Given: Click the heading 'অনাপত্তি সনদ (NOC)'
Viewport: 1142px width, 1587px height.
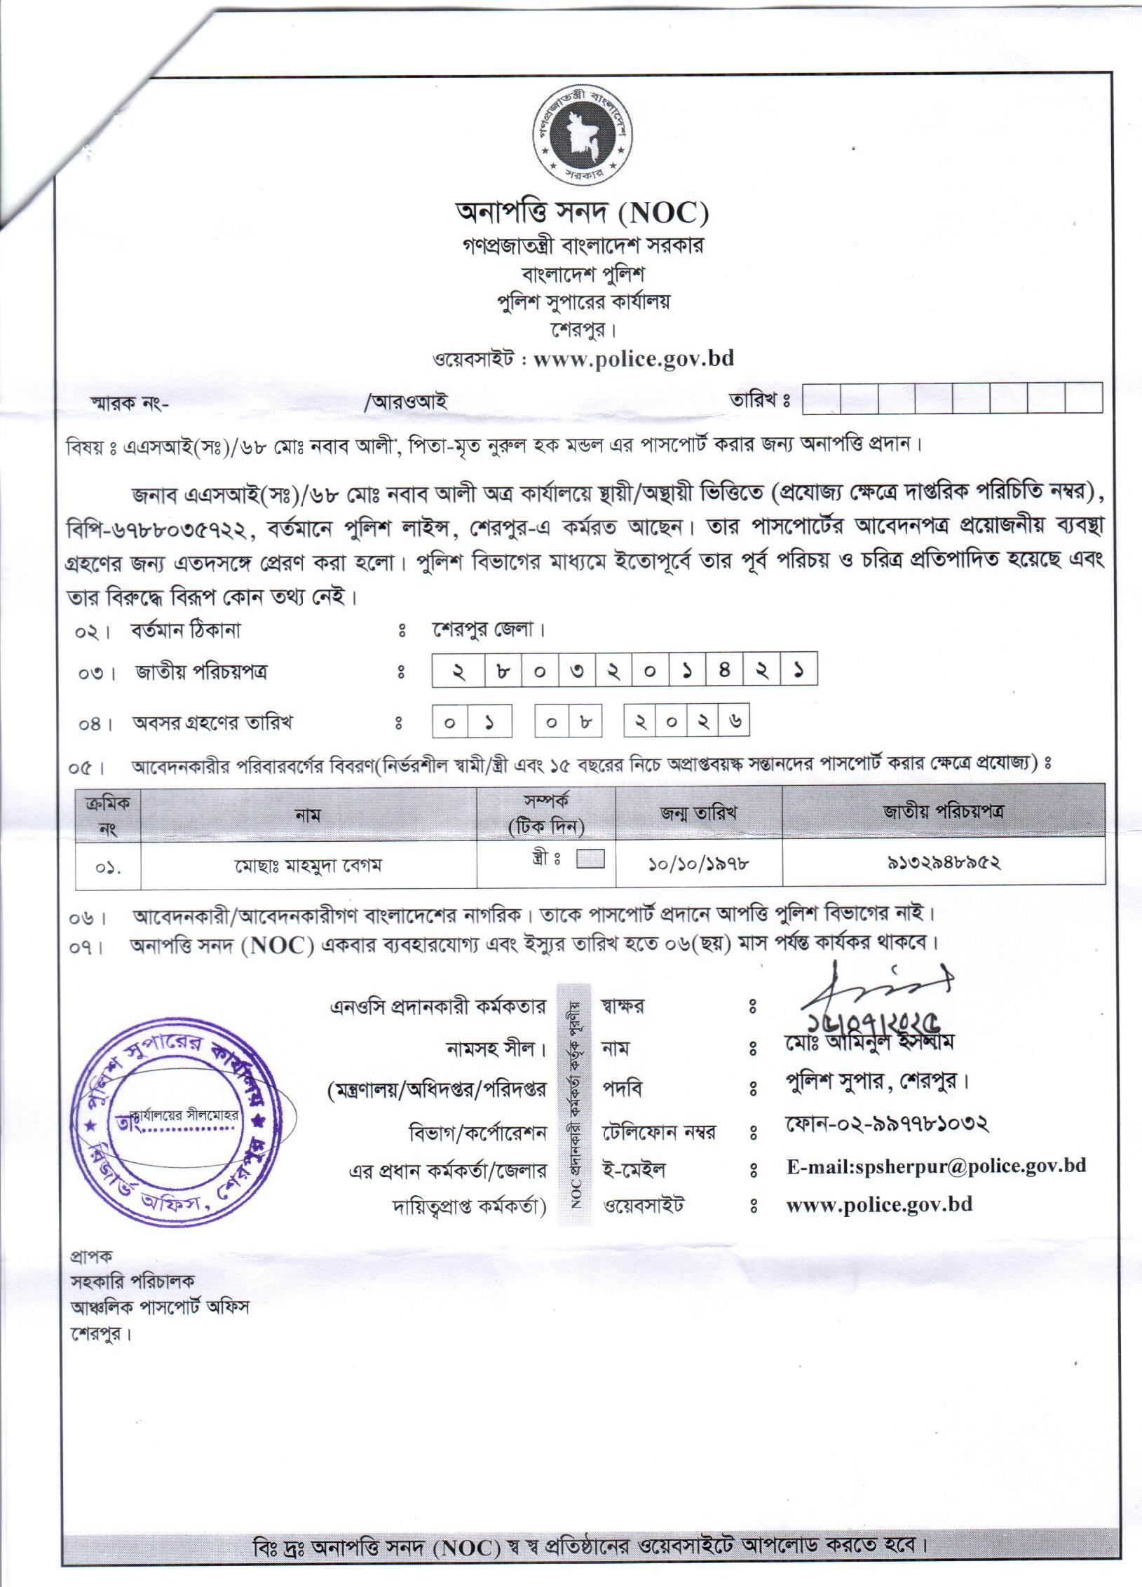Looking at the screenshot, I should pos(581,213).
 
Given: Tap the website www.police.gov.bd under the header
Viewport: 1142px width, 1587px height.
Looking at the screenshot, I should pos(633,359).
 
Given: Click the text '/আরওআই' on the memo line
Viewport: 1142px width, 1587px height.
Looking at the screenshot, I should pos(406,403).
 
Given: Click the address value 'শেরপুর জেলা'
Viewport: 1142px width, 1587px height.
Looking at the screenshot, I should pos(489,629).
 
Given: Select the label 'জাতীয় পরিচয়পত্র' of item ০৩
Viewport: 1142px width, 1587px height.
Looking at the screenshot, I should pos(202,673).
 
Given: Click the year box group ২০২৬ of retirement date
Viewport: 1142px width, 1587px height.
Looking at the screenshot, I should pos(686,722).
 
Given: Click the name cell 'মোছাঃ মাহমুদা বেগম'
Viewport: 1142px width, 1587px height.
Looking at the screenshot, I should pos(308,866).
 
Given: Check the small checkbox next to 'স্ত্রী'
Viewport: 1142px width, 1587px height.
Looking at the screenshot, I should pos(590,859).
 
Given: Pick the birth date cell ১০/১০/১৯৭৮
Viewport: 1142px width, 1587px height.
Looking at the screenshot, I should pos(698,864).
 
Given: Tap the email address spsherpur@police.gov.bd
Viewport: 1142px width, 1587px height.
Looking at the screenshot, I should pos(937,1166).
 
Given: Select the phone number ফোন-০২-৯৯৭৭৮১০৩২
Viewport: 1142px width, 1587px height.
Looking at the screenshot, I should pos(886,1124).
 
